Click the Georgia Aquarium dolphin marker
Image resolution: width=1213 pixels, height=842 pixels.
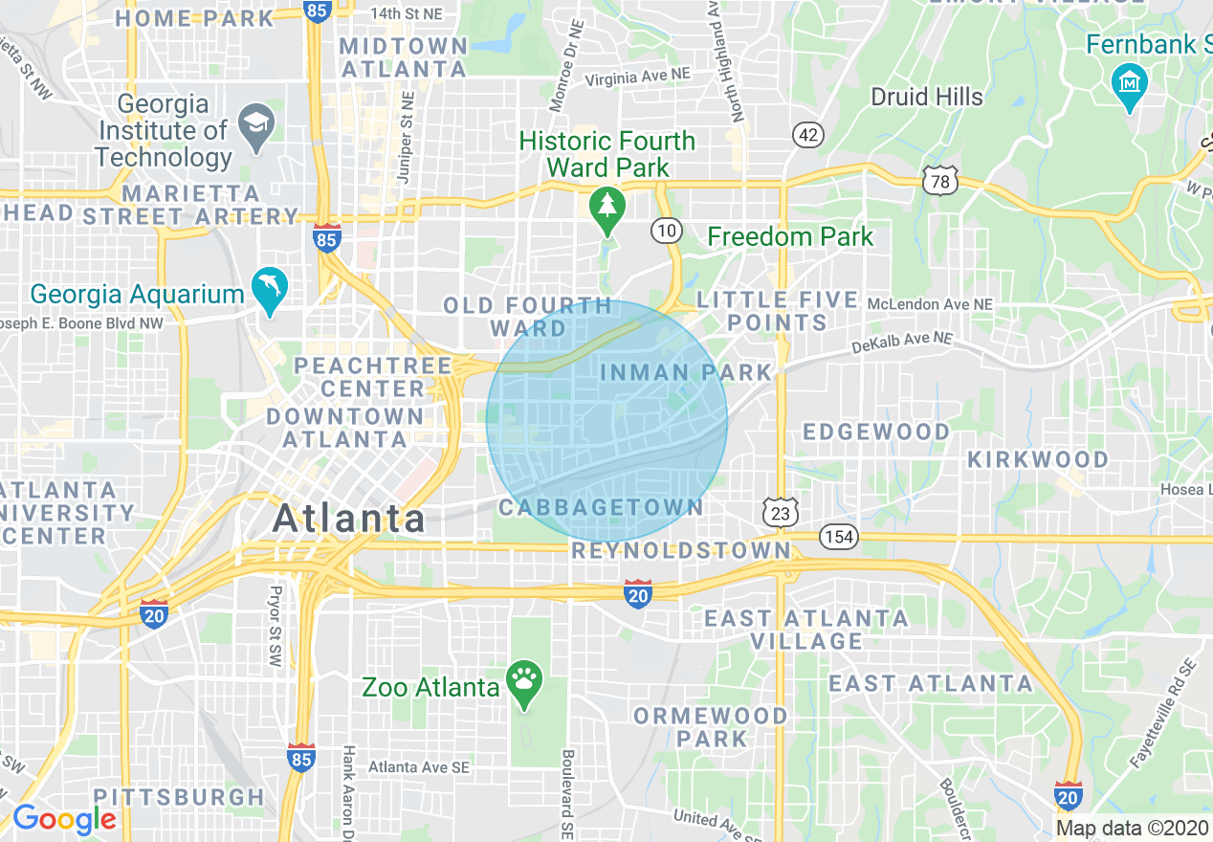pyautogui.click(x=270, y=288)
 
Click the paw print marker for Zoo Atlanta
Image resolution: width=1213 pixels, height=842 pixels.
pyautogui.click(x=524, y=682)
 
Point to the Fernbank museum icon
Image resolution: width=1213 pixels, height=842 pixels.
pyautogui.click(x=1131, y=83)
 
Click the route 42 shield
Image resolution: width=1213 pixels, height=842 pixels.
pyautogui.click(x=808, y=135)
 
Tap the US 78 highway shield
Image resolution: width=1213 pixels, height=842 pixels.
pyautogui.click(x=941, y=181)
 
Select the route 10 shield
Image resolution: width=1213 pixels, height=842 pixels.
pyautogui.click(x=667, y=230)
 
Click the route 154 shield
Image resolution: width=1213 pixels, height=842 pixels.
pyautogui.click(x=839, y=537)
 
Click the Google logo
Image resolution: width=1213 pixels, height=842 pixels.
pyautogui.click(x=64, y=819)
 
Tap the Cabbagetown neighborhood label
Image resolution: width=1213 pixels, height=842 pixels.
pyautogui.click(x=601, y=507)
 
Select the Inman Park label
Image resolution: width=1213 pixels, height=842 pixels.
pyautogui.click(x=686, y=372)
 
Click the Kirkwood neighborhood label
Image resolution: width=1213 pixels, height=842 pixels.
pyautogui.click(x=1038, y=459)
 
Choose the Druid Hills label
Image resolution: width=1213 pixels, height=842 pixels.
pyautogui.click(x=926, y=97)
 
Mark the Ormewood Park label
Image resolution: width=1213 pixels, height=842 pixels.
pyautogui.click(x=711, y=727)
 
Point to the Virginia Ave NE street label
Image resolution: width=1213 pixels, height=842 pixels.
pyautogui.click(x=637, y=76)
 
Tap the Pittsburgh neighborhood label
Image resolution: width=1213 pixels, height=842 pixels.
pyautogui.click(x=179, y=796)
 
